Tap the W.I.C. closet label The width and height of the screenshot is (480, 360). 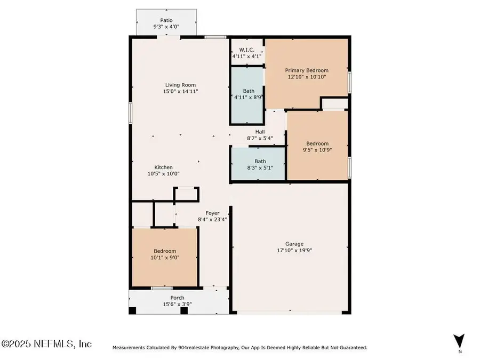(246, 50)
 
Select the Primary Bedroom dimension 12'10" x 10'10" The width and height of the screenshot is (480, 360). (306, 77)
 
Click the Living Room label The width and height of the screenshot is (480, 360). (180, 85)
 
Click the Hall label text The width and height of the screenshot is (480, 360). (260, 132)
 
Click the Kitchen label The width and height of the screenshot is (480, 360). (163, 167)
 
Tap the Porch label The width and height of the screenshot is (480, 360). (177, 298)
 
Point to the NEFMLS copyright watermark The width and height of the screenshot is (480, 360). (46, 344)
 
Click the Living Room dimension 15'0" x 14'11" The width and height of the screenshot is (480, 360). (180, 92)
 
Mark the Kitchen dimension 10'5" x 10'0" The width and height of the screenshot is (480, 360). (163, 173)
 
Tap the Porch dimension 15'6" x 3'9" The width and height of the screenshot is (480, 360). (177, 304)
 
